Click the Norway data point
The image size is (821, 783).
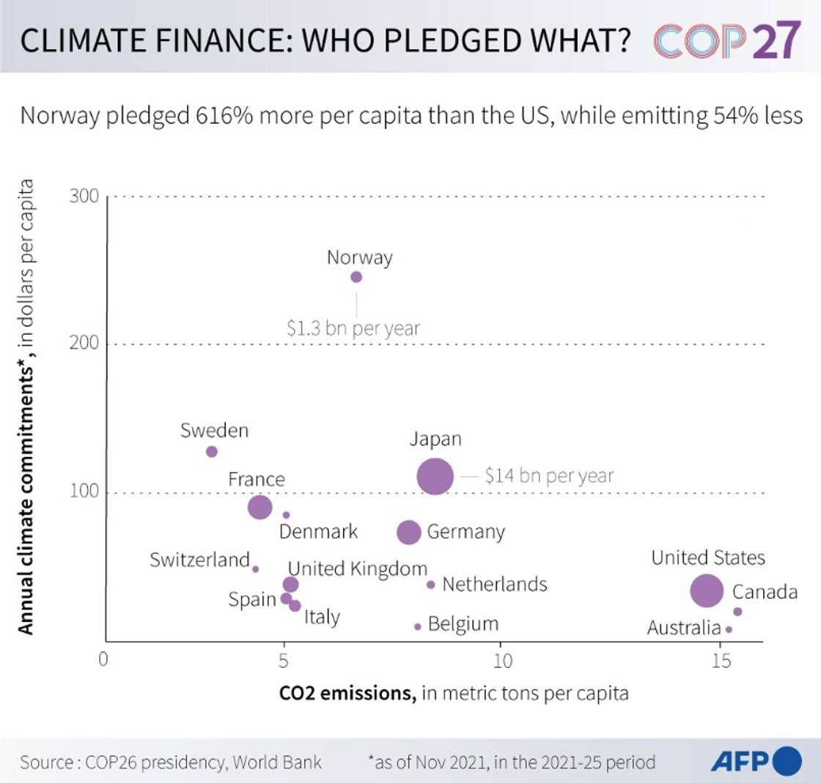356,277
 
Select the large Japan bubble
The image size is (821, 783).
435,476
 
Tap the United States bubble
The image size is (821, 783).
707,590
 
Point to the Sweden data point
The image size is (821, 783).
211,452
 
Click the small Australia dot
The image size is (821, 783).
729,629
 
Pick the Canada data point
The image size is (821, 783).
737,612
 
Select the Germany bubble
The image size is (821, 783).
409,532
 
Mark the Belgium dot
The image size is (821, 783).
418,626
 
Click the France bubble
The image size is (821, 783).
260,507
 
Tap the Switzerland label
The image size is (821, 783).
199,560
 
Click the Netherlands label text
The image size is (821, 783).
495,585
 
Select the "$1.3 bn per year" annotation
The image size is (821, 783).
353,328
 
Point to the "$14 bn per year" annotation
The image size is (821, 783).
548,476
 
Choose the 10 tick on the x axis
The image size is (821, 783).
501,659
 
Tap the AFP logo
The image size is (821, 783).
755,762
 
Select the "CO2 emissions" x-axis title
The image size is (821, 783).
347,693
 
